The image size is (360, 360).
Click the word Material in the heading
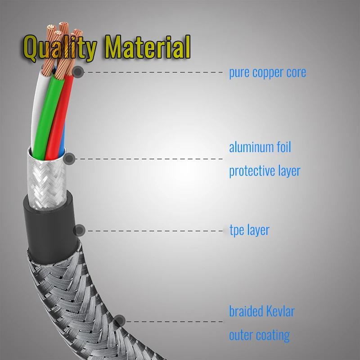point(147,48)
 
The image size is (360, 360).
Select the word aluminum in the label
point(250,147)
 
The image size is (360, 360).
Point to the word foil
point(283,147)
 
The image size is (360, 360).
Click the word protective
point(251,171)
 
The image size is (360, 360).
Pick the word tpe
point(237,231)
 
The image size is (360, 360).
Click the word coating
point(273,335)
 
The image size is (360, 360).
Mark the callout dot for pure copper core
point(78,72)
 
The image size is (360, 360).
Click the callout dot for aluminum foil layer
point(69,158)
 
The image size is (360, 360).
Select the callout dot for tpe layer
point(79,230)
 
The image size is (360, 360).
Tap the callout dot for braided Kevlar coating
point(119,321)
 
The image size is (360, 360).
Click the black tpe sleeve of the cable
point(49,225)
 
